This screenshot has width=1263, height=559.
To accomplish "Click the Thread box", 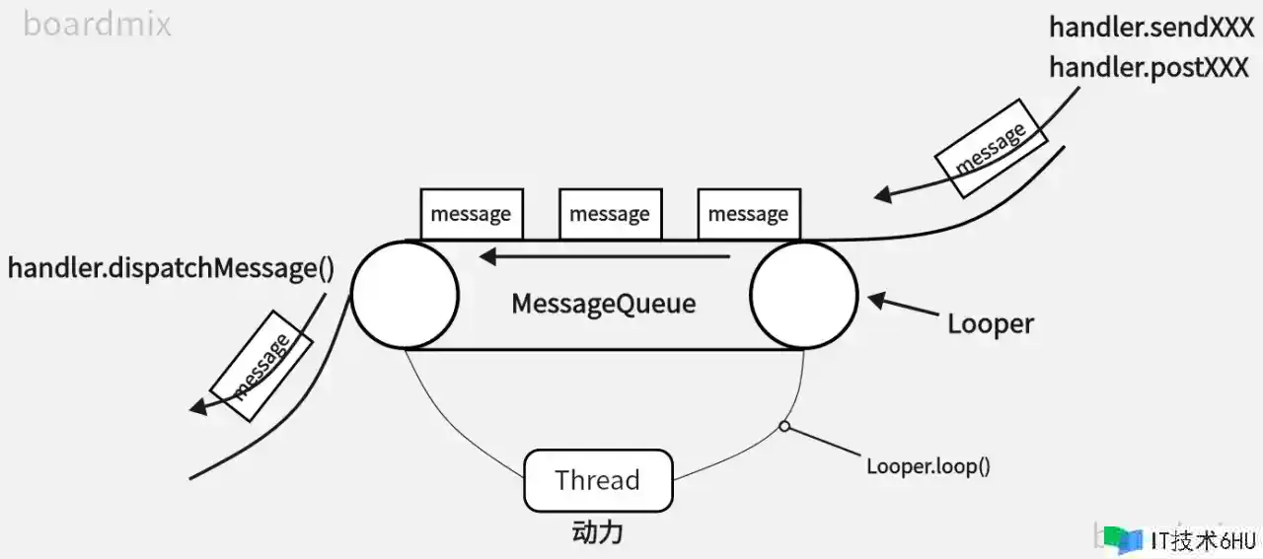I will click(597, 480).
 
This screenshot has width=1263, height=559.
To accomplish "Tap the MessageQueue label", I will click(603, 303).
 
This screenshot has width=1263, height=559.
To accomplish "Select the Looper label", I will click(990, 323).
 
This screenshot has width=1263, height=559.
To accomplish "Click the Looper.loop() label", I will click(928, 465).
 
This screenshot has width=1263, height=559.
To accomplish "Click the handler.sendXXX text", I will click(1151, 27).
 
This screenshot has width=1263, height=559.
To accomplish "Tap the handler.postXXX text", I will click(1149, 67).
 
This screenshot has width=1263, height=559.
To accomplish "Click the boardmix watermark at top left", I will click(97, 23).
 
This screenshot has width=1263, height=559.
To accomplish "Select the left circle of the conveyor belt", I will click(405, 294).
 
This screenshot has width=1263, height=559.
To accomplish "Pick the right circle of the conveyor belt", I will click(803, 294).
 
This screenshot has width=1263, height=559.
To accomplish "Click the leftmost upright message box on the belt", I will click(471, 214).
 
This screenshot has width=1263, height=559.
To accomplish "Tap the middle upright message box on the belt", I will click(609, 214).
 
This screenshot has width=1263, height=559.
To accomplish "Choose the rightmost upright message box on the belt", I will click(748, 214).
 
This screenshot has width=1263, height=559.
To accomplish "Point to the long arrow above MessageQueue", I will click(603, 257).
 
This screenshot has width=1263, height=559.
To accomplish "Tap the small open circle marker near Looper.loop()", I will click(783, 427).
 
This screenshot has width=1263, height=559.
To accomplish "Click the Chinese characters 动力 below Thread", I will click(597, 532).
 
